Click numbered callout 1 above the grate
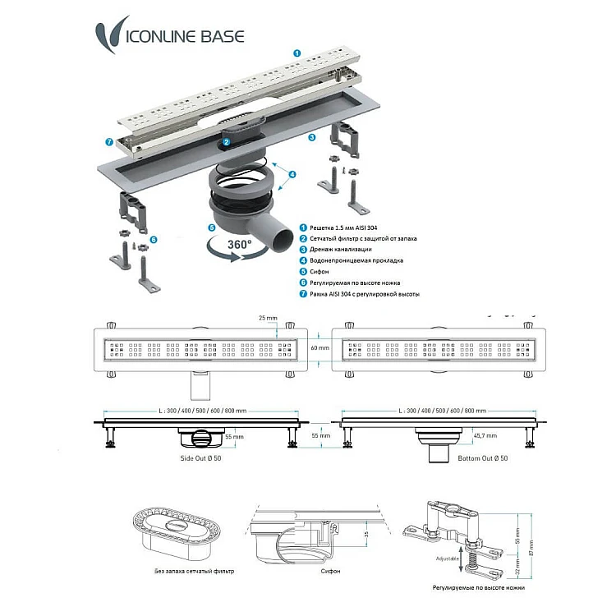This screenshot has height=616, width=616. click(297, 52)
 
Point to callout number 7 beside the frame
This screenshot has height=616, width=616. click(109, 142)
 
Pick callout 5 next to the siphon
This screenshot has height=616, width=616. click(211, 228)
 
